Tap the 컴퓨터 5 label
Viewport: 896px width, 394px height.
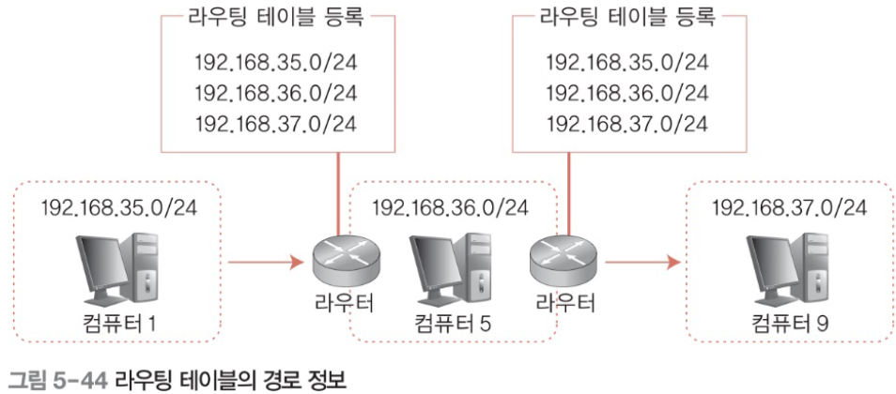tap(454, 325)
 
